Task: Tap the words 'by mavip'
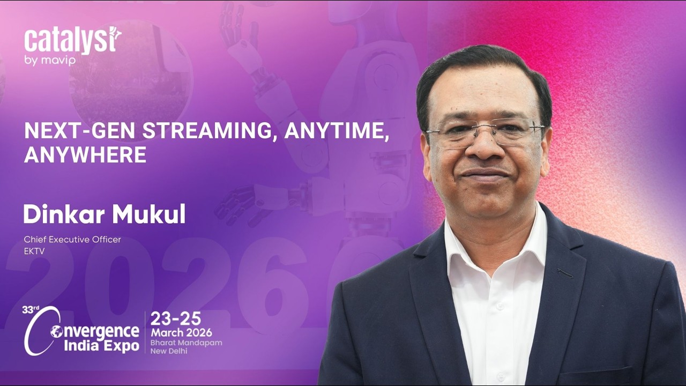pos(50,61)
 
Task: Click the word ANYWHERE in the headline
pos(85,154)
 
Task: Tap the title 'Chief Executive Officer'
pos(72,239)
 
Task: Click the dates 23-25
pos(176,319)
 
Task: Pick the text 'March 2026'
pos(181,333)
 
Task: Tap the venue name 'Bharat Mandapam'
pos(186,343)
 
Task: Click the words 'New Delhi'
pos(168,351)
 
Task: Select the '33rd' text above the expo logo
pos(31,310)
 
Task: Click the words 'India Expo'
pos(101,346)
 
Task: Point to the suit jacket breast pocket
pos(565,273)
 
